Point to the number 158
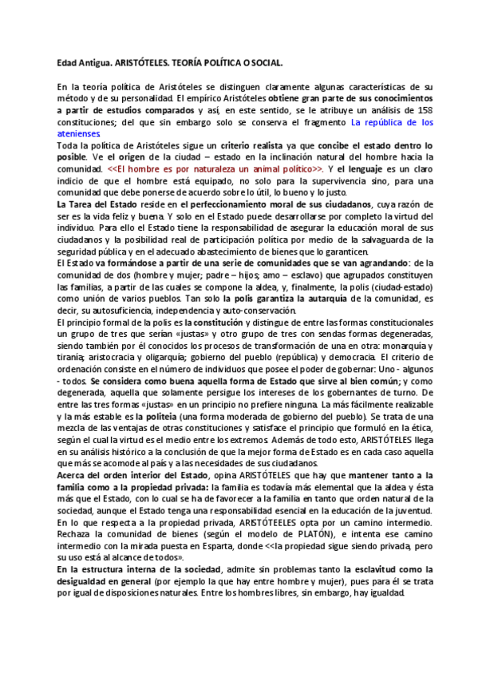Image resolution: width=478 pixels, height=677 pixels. pos(425,110)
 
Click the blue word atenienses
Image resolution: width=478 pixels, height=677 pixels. pos(78,134)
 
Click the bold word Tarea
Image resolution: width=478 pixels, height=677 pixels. pos(85,205)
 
